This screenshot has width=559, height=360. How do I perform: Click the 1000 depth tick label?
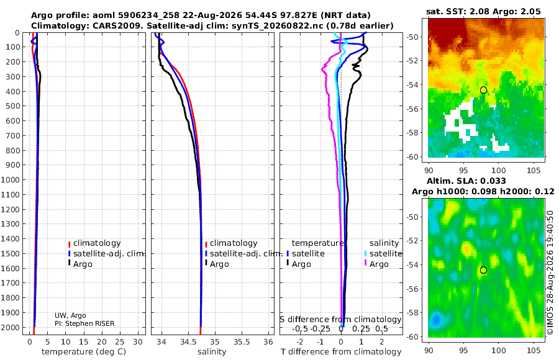tap(13, 179)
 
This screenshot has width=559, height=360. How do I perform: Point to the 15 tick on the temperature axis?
tap(83, 342)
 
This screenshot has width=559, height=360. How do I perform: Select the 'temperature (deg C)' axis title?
tap(84, 352)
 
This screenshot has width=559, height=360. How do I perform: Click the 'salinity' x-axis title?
tap(212, 352)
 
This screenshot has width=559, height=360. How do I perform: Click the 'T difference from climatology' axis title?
tap(341, 352)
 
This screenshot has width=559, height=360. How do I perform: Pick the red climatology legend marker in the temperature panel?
tap(69, 244)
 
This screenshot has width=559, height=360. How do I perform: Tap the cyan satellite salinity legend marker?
tap(365, 254)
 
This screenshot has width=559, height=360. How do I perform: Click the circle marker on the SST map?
tap(483, 90)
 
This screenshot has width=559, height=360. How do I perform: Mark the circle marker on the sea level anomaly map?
tap(483, 270)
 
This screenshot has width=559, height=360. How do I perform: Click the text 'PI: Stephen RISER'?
tap(84, 323)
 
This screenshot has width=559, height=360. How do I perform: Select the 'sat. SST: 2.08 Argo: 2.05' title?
tap(483, 11)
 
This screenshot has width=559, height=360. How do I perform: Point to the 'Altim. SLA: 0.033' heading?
tap(466, 181)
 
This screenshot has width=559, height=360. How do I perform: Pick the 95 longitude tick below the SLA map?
tap(463, 350)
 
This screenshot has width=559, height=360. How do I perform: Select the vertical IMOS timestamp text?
tap(550, 272)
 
